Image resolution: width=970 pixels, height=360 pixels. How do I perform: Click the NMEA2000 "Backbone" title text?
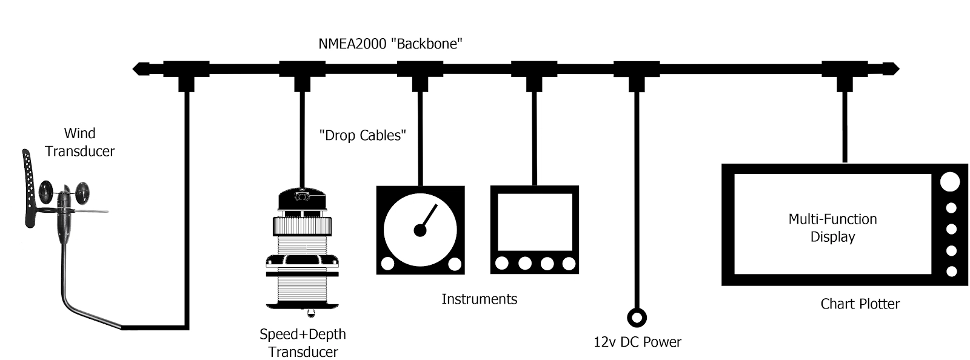(391, 44)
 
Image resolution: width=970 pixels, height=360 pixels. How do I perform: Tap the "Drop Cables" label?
(363, 135)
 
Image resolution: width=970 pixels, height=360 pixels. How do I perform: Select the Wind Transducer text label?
(80, 142)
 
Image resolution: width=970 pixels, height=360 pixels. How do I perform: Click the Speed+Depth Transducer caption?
(303, 342)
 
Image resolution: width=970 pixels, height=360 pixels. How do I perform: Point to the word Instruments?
(479, 299)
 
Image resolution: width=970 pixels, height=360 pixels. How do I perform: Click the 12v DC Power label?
(637, 342)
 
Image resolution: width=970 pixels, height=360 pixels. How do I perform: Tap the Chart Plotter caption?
(860, 304)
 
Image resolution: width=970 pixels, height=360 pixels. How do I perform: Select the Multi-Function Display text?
(832, 228)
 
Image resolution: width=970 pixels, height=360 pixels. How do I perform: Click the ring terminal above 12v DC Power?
(636, 317)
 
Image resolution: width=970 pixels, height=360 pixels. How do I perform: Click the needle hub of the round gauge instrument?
(420, 230)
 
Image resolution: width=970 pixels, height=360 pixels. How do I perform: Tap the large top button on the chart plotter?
(950, 182)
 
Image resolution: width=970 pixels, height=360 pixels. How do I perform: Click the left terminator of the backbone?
(141, 68)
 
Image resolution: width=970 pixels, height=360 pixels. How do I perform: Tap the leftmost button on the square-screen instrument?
(501, 264)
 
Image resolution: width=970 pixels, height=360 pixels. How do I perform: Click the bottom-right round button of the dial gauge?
(455, 264)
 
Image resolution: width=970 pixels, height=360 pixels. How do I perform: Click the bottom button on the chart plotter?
(951, 272)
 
